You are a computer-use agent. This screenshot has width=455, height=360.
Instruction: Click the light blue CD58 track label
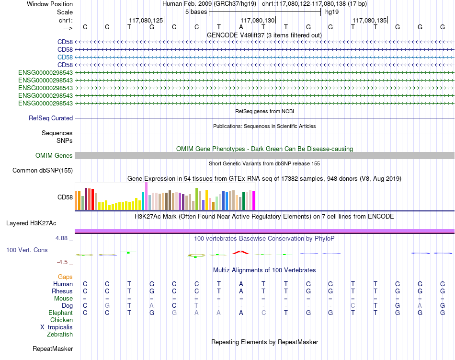pyautogui.click(x=65, y=57)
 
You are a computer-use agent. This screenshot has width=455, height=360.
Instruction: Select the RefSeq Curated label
pyautogui.click(x=51, y=118)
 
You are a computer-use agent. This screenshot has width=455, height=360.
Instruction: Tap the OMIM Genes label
pyautogui.click(x=54, y=156)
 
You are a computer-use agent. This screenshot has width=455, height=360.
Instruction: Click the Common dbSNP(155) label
pyautogui.click(x=42, y=171)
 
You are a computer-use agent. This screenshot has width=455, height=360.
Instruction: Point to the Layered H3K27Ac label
pyautogui.click(x=31, y=223)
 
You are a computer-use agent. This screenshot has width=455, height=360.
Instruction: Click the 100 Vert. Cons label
pyautogui.click(x=27, y=250)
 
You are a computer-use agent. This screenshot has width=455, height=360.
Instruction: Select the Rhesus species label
pyautogui.click(x=62, y=291)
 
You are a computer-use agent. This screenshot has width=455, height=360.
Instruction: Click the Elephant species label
pyautogui.click(x=60, y=313)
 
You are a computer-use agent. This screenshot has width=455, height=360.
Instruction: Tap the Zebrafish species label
pyautogui.click(x=60, y=335)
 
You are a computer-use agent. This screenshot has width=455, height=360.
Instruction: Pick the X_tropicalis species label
pyautogui.click(x=57, y=327)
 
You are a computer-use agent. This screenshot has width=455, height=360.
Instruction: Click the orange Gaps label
pyautogui.click(x=65, y=277)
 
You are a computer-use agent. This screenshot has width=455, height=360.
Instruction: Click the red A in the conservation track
pyautogui.click(x=241, y=252)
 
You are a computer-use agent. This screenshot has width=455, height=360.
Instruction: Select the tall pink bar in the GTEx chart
pyautogui.click(x=146, y=196)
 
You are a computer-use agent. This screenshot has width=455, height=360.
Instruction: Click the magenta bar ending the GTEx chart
pyautogui.click(x=254, y=201)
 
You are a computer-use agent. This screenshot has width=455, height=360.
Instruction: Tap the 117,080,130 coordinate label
pyautogui.click(x=257, y=20)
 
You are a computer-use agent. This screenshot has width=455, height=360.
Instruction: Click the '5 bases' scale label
pyautogui.click(x=196, y=12)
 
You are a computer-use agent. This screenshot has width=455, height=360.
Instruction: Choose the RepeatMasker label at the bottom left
pyautogui.click(x=53, y=348)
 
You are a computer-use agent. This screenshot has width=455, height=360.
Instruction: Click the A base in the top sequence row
pyautogui.click(x=241, y=27)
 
